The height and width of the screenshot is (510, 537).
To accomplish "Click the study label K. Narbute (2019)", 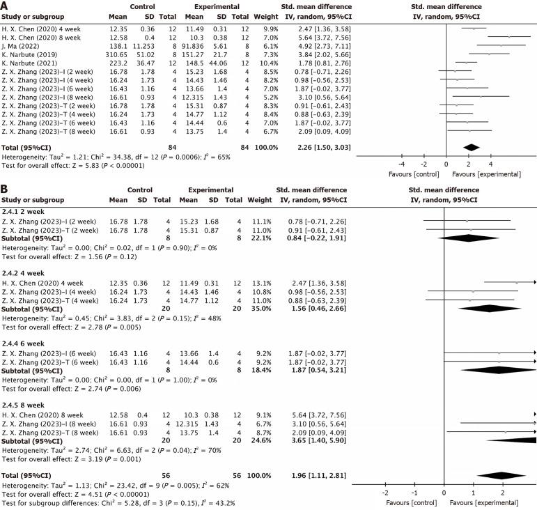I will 29,53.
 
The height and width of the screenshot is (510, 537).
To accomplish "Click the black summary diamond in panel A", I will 471,146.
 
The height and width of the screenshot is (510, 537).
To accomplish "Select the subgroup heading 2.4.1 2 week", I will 26,212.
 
